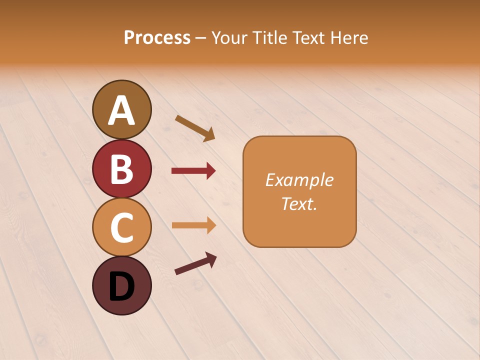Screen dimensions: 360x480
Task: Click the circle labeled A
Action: pyautogui.click(x=121, y=109)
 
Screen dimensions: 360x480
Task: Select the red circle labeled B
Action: pyautogui.click(x=121, y=168)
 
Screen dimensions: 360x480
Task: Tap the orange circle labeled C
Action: pyautogui.click(x=121, y=227)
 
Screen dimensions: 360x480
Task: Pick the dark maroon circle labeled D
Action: pyautogui.click(x=121, y=285)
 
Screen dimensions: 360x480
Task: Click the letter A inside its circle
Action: pyautogui.click(x=121, y=110)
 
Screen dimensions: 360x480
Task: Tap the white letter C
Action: pyautogui.click(x=121, y=227)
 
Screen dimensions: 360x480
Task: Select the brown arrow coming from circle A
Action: pyautogui.click(x=195, y=128)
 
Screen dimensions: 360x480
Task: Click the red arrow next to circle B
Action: pyautogui.click(x=193, y=171)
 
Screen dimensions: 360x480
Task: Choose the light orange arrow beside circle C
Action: pyautogui.click(x=193, y=225)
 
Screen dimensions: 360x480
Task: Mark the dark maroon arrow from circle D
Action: pyautogui.click(x=195, y=263)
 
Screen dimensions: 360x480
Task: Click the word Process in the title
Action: pyautogui.click(x=157, y=37)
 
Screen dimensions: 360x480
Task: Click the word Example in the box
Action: pyautogui.click(x=299, y=180)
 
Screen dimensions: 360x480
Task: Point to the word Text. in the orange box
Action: pyautogui.click(x=299, y=203)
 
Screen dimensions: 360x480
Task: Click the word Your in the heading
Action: pyautogui.click(x=229, y=37)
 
